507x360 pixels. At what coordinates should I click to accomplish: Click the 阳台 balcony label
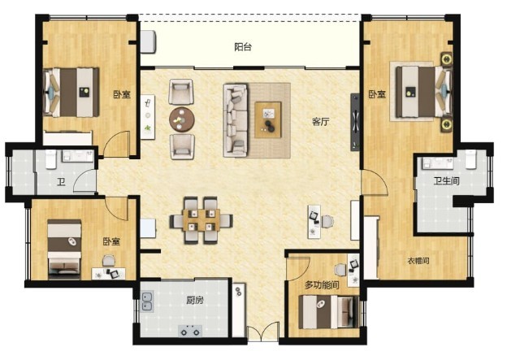pos(243,47)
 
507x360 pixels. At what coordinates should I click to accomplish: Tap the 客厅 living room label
pos(321,122)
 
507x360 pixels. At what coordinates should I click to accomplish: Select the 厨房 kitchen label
pos(195,300)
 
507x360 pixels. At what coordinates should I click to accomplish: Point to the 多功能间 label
pos(322,285)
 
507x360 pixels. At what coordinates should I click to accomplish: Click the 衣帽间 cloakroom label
pos(418,260)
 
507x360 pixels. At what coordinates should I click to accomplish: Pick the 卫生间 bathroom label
pos(447,180)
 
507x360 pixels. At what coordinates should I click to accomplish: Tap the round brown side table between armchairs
pos(182,119)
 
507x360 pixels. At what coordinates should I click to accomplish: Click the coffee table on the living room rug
pos(268,119)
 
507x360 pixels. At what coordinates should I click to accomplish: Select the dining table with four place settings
pos(201,220)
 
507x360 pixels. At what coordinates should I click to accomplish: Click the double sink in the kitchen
pos(147,301)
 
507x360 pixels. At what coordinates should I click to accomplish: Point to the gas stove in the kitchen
pos(190,332)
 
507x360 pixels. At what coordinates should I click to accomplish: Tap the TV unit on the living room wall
pos(355,122)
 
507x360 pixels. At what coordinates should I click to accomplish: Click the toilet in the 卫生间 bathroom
pos(470,159)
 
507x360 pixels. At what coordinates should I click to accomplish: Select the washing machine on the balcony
pos(149,41)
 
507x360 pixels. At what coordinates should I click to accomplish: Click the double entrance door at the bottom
pos(263,331)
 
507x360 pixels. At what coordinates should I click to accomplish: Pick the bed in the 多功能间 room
pos(328,312)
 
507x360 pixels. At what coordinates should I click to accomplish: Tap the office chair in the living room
pos(327,221)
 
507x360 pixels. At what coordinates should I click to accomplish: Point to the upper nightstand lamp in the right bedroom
pos(447,59)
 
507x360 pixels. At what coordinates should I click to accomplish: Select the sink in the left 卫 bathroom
pos(78,156)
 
